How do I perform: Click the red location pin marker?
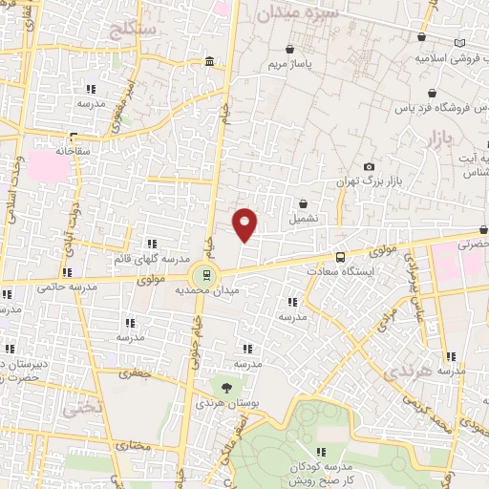tap(245, 223)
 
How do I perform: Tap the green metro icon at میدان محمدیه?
tap(201, 274)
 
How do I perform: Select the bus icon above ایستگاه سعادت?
tap(340, 257)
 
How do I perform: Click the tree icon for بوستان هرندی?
tap(226, 388)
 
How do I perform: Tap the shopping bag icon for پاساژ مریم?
tap(289, 50)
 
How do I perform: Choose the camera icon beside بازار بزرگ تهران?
tap(370, 166)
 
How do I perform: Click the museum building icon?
tap(209, 63)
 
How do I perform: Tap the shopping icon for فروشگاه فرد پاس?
tap(434, 94)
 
